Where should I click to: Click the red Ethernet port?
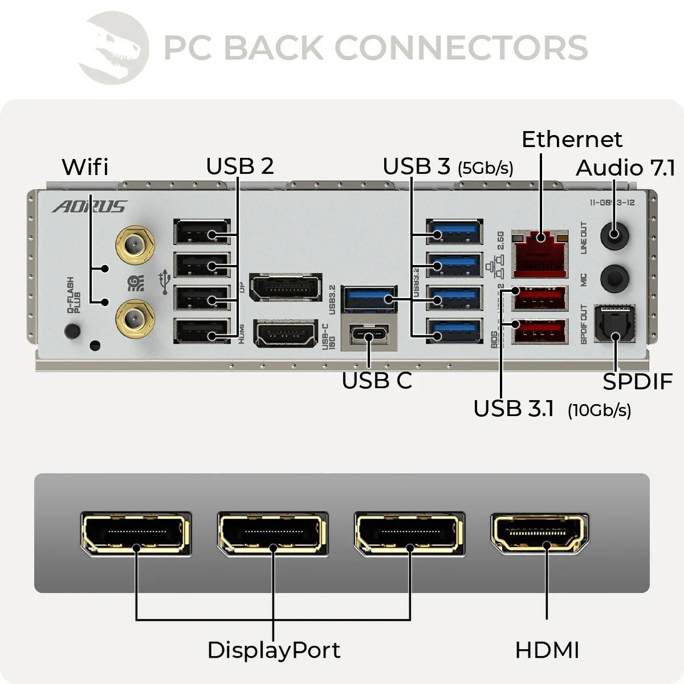click(x=540, y=254)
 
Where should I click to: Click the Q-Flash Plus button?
click(x=72, y=330)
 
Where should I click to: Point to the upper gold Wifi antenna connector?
click(x=135, y=246)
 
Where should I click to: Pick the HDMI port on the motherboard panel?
click(x=285, y=334)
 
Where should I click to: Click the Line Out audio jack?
click(x=614, y=234)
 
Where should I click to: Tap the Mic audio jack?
click(x=614, y=278)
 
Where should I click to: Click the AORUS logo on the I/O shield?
click(x=89, y=206)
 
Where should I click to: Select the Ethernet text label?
click(x=572, y=140)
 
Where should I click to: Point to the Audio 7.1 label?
click(x=625, y=168)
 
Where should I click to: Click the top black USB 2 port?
click(x=202, y=234)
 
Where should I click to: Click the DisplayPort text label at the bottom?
click(x=274, y=650)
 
